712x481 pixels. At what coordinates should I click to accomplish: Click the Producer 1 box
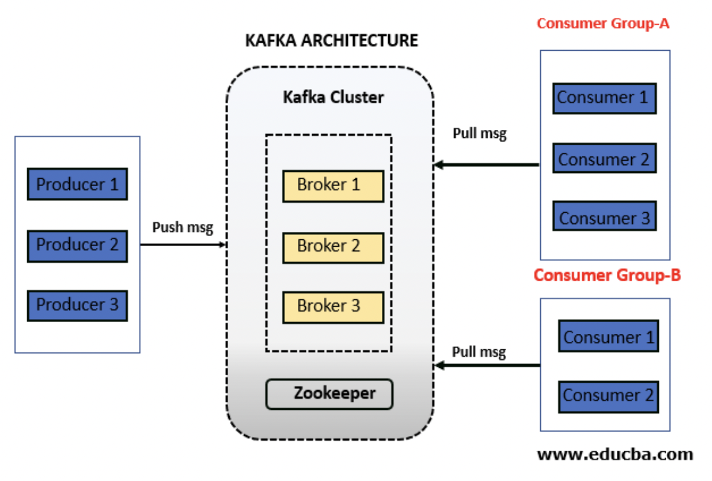[x=77, y=184]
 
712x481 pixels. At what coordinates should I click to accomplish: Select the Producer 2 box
[x=77, y=245]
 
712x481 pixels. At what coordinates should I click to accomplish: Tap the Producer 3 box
[x=77, y=305]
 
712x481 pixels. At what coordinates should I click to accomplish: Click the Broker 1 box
[x=333, y=185]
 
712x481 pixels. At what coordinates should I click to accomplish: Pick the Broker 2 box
[x=333, y=247]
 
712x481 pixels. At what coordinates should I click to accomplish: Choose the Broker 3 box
[x=333, y=307]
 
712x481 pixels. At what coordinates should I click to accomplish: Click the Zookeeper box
[x=329, y=394]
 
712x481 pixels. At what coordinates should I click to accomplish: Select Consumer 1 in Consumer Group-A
[x=604, y=98]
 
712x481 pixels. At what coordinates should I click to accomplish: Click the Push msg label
[x=183, y=228]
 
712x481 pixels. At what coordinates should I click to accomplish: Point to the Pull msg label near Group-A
[x=480, y=134]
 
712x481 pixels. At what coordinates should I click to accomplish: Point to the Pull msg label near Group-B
[x=479, y=352]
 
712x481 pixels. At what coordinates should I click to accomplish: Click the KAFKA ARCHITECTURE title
[x=332, y=41]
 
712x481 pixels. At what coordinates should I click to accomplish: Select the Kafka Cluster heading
[x=333, y=97]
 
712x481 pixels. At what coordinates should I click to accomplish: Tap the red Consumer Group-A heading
[x=603, y=23]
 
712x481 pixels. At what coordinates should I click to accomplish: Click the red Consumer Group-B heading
[x=607, y=275]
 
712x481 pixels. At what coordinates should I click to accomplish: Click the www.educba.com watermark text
[x=615, y=454]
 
